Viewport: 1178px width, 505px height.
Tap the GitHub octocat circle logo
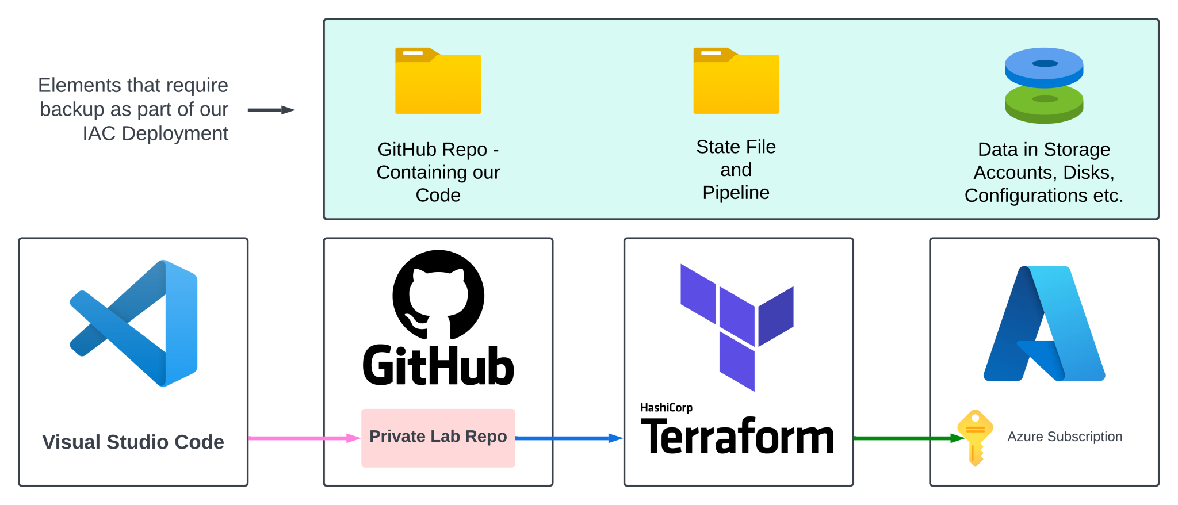pyautogui.click(x=438, y=295)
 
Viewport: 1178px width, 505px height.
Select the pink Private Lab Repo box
pyautogui.click(x=438, y=438)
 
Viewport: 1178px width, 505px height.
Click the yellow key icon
pyautogui.click(x=975, y=437)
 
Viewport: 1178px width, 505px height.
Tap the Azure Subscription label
pyautogui.click(x=1065, y=437)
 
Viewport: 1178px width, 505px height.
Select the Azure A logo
pyautogui.click(x=1044, y=324)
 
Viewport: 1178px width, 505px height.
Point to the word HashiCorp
pyautogui.click(x=666, y=408)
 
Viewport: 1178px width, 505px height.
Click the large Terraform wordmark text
pyautogui.click(x=737, y=437)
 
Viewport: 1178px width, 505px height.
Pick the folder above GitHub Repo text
pyautogui.click(x=438, y=82)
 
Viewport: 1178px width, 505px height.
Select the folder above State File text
pyautogui.click(x=736, y=82)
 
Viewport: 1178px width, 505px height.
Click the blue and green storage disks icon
pyautogui.click(x=1044, y=85)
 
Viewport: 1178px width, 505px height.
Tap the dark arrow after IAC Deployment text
pyautogui.click(x=271, y=110)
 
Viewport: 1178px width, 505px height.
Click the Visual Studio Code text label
pyautogui.click(x=133, y=442)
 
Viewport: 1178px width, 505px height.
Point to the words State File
pyautogui.click(x=736, y=147)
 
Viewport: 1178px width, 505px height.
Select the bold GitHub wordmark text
pyautogui.click(x=438, y=366)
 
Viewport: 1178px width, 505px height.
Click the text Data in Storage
pyautogui.click(x=1044, y=150)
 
